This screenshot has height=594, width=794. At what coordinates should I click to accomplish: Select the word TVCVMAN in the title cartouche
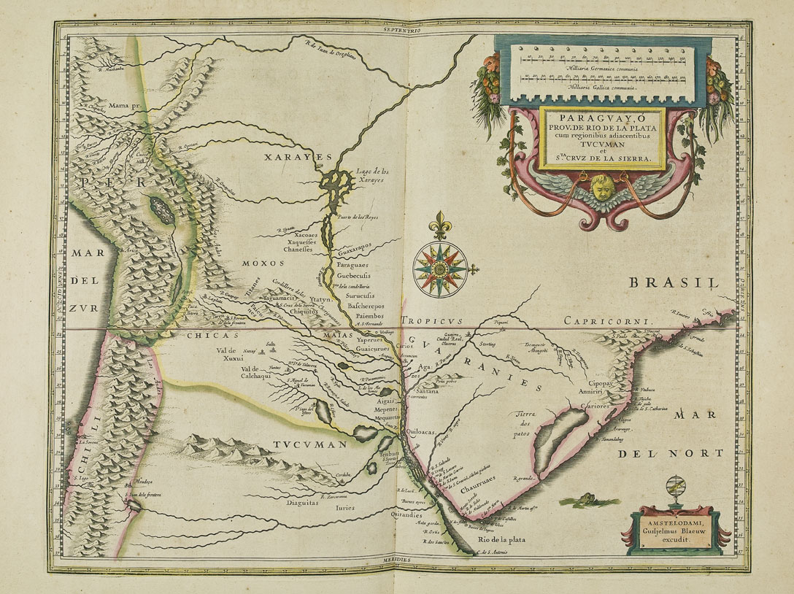(602, 145)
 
